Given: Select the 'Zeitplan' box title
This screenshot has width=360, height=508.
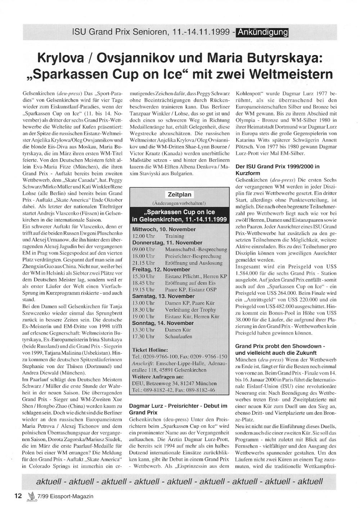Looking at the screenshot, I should [x=180, y=194].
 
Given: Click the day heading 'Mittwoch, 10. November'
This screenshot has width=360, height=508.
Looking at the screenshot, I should [x=164, y=229].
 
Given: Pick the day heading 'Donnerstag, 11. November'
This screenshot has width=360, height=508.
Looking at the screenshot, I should [x=167, y=243].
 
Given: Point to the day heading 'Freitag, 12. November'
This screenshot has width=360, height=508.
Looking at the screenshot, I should [x=161, y=269].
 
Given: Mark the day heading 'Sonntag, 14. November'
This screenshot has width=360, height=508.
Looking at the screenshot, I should [x=163, y=323].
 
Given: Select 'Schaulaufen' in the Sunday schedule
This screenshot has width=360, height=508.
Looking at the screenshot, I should [x=179, y=336].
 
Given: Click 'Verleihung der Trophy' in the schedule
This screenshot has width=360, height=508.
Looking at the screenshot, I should [x=190, y=310].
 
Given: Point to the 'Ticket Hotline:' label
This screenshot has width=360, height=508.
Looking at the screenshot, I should [x=150, y=350].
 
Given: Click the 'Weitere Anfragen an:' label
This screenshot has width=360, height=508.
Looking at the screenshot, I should [x=157, y=377].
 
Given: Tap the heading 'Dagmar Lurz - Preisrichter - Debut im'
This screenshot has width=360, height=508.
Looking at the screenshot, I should [x=178, y=406].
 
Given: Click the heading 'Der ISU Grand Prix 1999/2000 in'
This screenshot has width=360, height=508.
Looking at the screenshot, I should [x=277, y=167].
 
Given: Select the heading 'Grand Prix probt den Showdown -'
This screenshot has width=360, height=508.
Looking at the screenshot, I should [x=280, y=346].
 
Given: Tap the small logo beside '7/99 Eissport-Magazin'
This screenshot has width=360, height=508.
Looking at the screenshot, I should [x=31, y=496].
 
